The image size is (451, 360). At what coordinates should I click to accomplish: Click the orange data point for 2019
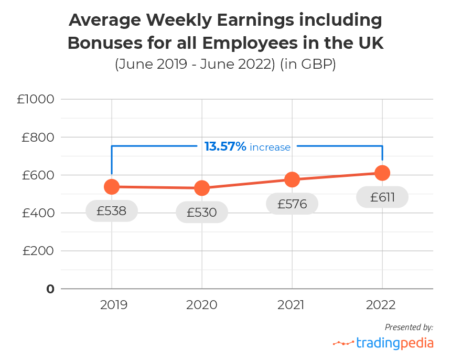click(x=111, y=186)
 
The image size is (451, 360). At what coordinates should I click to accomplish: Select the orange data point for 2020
click(x=202, y=188)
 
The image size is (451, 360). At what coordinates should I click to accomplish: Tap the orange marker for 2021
click(x=292, y=179)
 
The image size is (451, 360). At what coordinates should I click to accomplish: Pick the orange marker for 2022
click(x=382, y=173)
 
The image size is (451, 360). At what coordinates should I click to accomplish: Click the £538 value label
click(x=112, y=211)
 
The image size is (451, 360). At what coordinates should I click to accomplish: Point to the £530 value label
click(x=202, y=213)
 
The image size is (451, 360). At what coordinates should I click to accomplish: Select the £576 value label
click(x=292, y=204)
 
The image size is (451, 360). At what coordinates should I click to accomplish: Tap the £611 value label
click(x=382, y=197)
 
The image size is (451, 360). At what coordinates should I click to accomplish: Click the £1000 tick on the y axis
click(x=36, y=99)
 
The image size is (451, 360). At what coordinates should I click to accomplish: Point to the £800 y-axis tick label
click(x=38, y=137)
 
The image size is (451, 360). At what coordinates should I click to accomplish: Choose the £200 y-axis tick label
click(x=38, y=251)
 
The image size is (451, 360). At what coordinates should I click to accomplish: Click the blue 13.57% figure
click(x=225, y=146)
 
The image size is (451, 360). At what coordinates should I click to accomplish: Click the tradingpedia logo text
click(x=395, y=343)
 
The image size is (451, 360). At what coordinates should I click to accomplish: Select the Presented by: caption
click(x=409, y=327)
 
